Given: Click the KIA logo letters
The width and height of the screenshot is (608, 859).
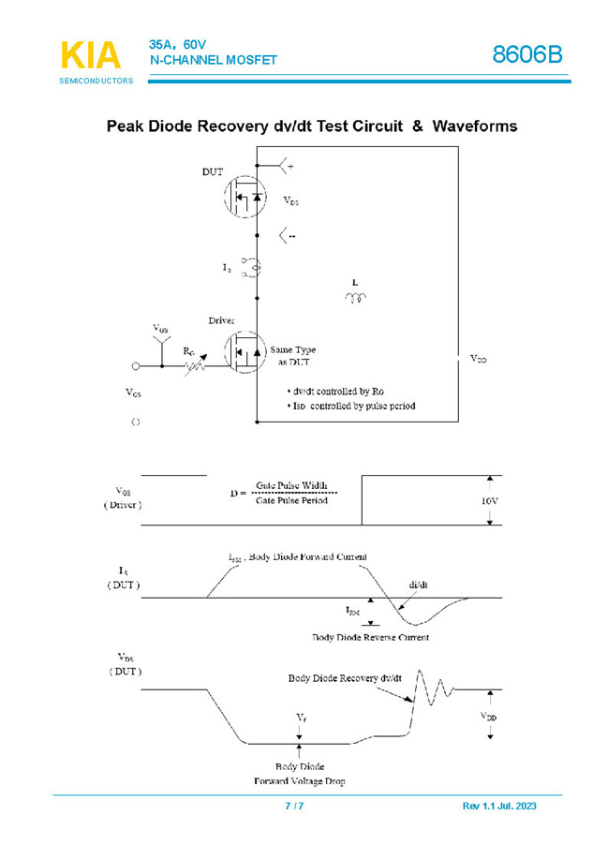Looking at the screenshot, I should coord(91,55).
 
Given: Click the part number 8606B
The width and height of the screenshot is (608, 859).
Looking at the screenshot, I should coord(527,55).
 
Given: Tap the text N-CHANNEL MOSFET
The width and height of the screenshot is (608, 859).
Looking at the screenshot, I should coord(214,61).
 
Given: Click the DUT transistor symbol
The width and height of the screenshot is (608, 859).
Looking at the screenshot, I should coord(245,197).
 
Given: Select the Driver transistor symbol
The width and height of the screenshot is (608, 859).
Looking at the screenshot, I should coord(245,353).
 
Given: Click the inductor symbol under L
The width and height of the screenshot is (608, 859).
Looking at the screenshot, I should coord(356,299).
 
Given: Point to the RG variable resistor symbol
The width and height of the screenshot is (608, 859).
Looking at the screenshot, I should coord(195,365).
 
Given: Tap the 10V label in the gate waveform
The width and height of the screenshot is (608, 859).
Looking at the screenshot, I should coord(489,501).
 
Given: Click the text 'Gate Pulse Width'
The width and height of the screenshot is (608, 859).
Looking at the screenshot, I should coord(292,486).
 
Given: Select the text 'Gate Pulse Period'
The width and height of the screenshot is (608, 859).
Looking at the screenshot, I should coord(292,501).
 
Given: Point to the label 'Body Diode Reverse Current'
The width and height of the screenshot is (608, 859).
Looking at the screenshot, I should coord(371,637).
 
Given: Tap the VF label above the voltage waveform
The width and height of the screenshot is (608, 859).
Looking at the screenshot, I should coord(300,717).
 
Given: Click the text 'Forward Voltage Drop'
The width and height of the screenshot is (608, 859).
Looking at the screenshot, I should coord(299,780).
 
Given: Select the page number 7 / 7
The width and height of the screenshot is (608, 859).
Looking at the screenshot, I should coord(294,807).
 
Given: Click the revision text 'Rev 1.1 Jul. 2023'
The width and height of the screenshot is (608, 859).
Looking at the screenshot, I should coord(499,807).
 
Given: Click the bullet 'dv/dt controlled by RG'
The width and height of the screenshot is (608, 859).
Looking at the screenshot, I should coord(337,390).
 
